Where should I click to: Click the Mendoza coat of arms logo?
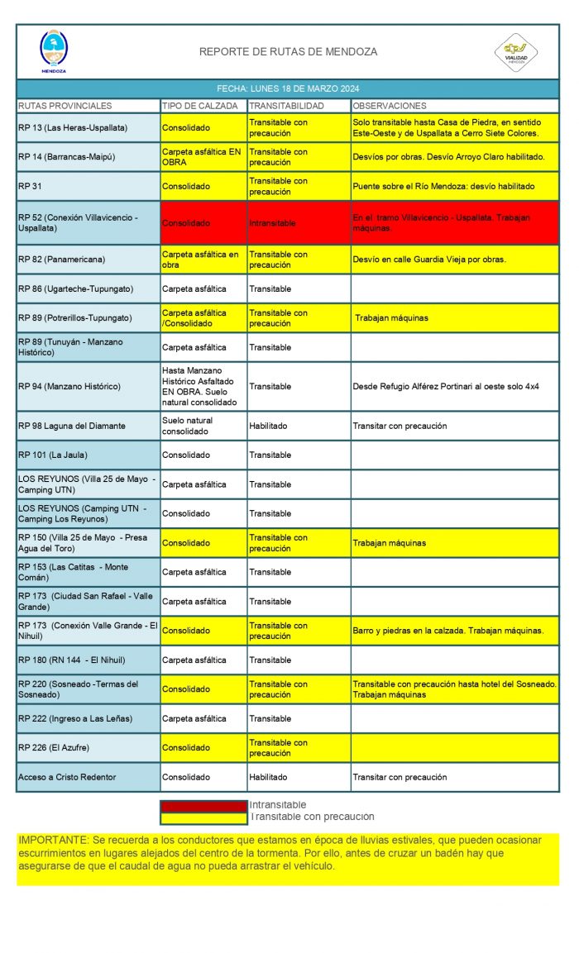(54, 50)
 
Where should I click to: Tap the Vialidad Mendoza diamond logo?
(515, 52)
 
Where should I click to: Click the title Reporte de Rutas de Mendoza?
(288, 52)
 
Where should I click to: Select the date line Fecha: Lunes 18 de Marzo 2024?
(288, 88)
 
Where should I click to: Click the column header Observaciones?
(390, 106)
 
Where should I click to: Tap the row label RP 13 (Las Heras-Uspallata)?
(73, 128)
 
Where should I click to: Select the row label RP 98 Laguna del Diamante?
(72, 426)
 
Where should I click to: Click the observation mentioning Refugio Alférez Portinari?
(446, 386)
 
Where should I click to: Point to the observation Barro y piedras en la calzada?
(447, 631)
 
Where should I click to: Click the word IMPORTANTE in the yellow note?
(46, 840)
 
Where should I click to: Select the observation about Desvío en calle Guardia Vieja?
(428, 260)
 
